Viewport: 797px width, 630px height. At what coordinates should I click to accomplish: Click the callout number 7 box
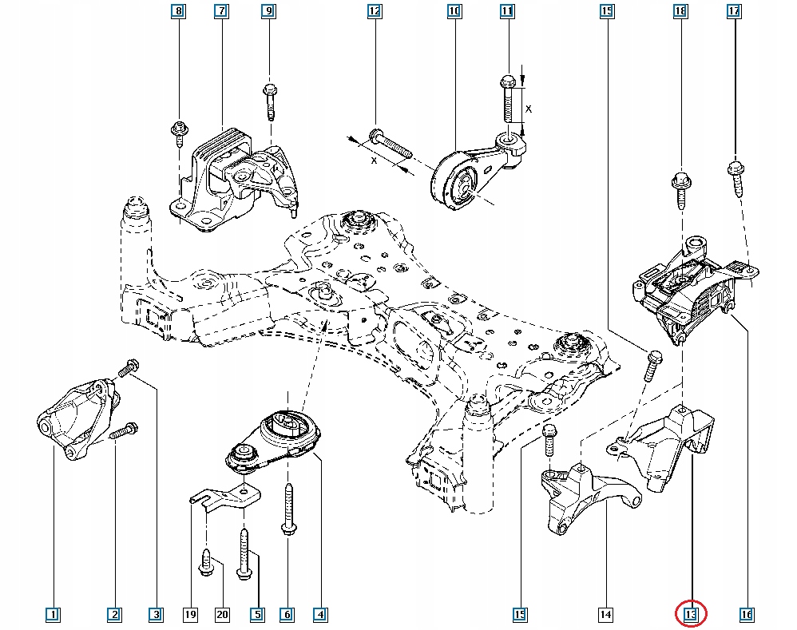tap(220, 11)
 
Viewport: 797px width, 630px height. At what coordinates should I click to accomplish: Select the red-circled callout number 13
tap(691, 614)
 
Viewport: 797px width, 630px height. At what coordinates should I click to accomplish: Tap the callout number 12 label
tap(374, 11)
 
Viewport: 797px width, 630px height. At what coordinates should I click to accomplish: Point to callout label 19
tap(191, 614)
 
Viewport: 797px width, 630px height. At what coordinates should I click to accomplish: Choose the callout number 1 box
tap(52, 614)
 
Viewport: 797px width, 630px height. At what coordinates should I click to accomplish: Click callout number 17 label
tap(734, 11)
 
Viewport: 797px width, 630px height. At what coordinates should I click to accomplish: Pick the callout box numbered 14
tap(605, 614)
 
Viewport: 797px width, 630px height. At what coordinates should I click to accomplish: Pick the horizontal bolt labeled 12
tap(388, 145)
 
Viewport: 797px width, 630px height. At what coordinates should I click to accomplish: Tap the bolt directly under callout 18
tap(681, 187)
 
